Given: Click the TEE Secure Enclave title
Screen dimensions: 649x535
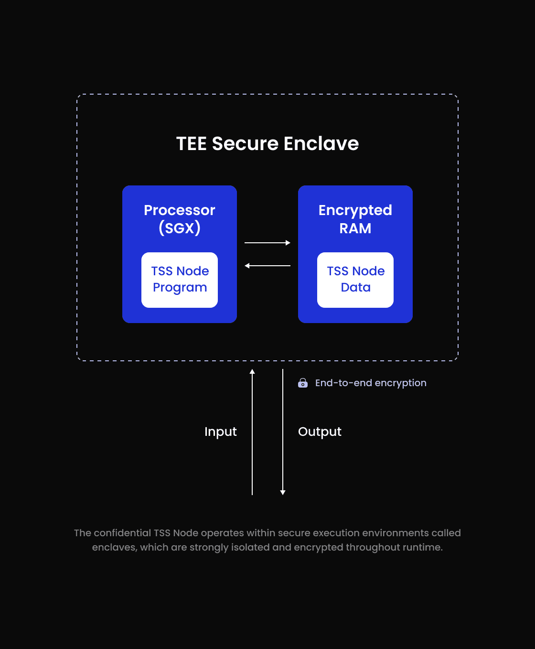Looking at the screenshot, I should coord(267,143).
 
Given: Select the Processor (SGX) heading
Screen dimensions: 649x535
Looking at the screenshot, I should coord(180,219).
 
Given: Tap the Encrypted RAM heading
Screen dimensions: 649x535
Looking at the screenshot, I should coord(355,219).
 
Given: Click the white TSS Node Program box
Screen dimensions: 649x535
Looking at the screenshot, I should coord(180,280).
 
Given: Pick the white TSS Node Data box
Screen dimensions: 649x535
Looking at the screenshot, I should coord(355,280).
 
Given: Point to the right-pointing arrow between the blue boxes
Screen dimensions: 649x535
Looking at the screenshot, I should coord(267,243).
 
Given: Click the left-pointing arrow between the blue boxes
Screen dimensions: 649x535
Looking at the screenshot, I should coord(267,266).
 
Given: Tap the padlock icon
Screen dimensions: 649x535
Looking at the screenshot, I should coord(303,383).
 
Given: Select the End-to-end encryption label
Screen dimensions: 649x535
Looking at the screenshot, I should coord(371,383).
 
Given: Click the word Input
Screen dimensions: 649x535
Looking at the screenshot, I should coord(220,432).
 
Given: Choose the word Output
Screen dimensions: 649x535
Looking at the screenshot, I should coord(320,432).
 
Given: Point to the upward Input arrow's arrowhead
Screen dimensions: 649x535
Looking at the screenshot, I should coord(252,371).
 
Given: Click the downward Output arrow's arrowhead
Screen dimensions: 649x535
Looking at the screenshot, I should coord(283,492).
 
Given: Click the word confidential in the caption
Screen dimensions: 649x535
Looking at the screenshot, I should coord(122,533).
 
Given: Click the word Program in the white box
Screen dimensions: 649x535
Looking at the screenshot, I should coord(180,288).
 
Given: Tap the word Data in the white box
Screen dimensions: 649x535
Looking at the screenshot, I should coord(355,287).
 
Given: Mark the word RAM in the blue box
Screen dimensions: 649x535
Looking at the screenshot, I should coord(355,228).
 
